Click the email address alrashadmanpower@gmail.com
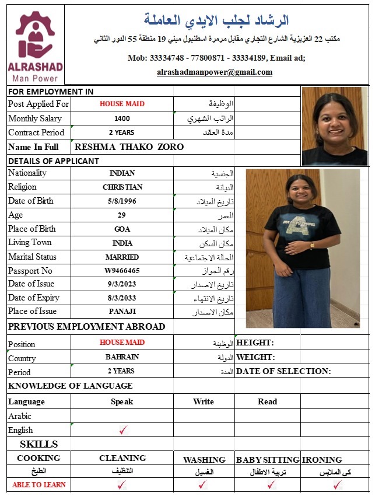[215, 72]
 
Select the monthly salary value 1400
[122, 118]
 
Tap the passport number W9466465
[122, 271]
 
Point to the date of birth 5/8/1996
[122, 201]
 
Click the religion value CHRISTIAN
[122, 187]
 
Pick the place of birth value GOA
[122, 229]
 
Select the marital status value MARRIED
[122, 257]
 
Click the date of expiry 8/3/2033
[122, 298]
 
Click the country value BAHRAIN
[122, 357]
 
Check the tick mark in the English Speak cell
[122, 431]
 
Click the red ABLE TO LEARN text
[39, 484]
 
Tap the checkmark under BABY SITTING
[271, 484]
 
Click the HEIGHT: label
[255, 343]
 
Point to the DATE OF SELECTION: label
[283, 371]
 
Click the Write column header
[204, 401]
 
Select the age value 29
[122, 215]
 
